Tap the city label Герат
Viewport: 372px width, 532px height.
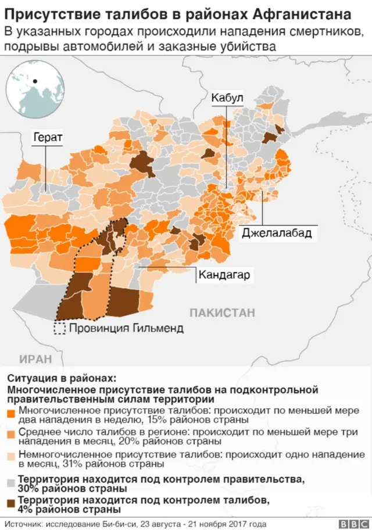coord(48,137)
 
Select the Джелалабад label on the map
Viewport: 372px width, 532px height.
coord(277,233)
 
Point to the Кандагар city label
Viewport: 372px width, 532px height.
coord(224,275)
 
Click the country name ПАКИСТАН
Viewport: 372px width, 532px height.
coord(222,313)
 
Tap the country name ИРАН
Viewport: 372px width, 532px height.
coord(35,358)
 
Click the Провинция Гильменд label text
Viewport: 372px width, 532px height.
coord(126,329)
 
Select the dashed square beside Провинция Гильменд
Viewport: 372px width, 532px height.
coord(59,329)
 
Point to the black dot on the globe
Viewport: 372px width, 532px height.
coord(35,81)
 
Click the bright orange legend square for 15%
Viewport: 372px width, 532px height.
coord(12,414)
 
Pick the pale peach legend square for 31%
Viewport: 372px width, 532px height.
coord(12,456)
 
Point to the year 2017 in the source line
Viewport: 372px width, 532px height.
coord(238,524)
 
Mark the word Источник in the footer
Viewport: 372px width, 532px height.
coord(22,524)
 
